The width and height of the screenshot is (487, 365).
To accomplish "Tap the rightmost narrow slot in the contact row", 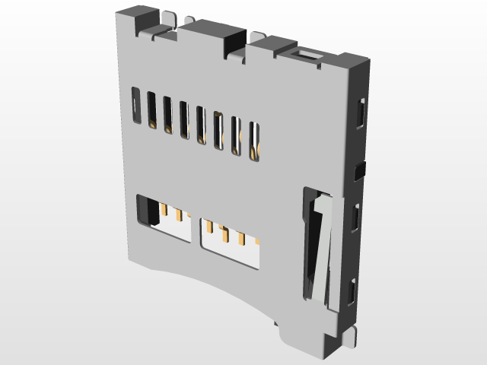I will pos(254,141).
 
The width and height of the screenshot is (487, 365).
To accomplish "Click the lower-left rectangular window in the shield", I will pos(162,217).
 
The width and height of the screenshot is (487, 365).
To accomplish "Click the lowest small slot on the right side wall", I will pos(352,290).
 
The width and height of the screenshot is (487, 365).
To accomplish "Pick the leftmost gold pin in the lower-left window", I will pos(164,208).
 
